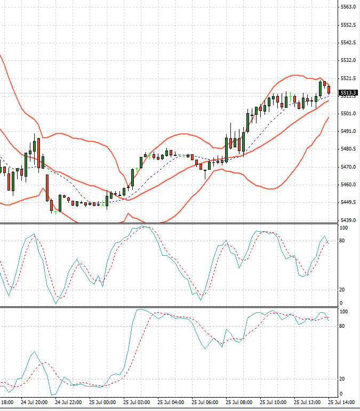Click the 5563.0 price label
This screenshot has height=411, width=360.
tap(348, 7)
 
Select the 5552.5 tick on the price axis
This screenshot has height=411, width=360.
tap(348, 25)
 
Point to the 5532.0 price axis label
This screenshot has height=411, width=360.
tap(348, 60)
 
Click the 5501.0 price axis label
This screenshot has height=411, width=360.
tap(348, 113)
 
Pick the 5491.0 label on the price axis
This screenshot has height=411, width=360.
tap(348, 131)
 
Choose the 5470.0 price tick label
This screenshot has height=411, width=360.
tap(348, 167)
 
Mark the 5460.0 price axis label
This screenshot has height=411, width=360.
tap(348, 185)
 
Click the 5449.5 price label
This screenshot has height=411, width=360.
tap(348, 202)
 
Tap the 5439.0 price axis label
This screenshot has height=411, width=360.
tap(348, 220)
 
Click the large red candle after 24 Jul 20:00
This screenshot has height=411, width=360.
tap(47, 187)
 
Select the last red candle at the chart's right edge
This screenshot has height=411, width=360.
tap(329, 89)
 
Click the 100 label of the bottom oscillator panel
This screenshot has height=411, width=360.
tap(344, 312)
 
